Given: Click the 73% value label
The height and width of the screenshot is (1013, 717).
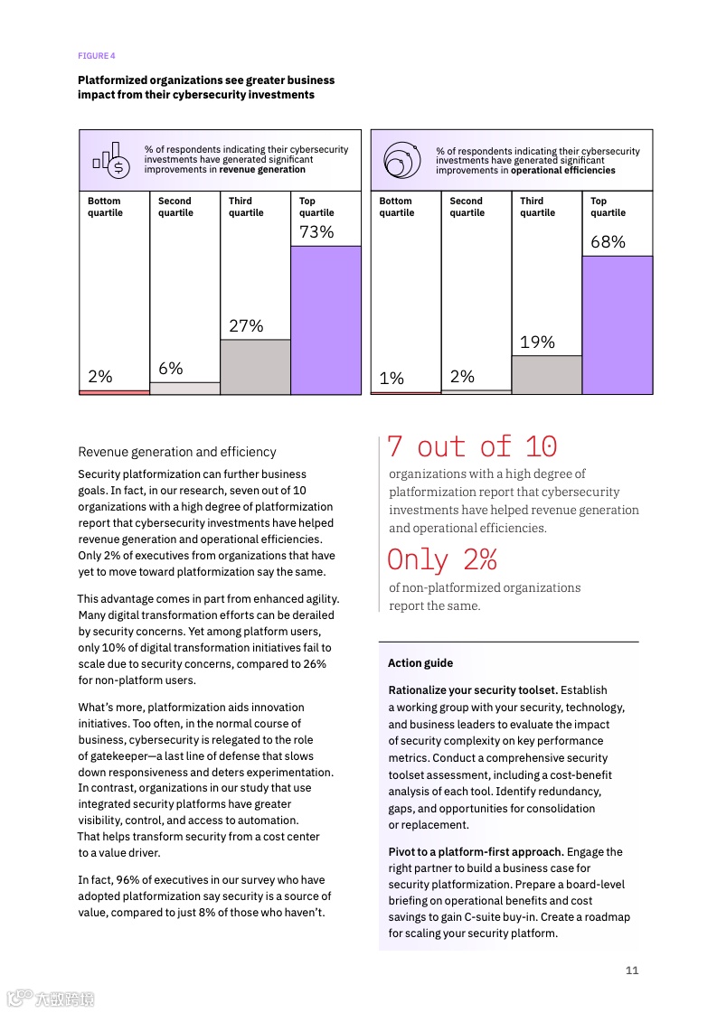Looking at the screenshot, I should (x=316, y=232).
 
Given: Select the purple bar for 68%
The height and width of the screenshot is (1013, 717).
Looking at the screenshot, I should (x=617, y=324).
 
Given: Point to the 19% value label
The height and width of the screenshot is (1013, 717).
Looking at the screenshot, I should (x=537, y=342).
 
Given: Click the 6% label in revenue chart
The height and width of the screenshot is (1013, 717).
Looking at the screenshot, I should (x=171, y=369).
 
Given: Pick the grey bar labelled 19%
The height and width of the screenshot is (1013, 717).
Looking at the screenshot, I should (x=546, y=374).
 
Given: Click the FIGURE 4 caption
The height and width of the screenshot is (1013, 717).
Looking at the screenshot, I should (x=97, y=56).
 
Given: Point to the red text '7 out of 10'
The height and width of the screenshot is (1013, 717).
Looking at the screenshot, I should (x=472, y=446).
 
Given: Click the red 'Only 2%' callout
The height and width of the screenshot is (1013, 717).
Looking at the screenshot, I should (x=442, y=560).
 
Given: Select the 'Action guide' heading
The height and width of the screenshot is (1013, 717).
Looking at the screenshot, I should (x=420, y=663).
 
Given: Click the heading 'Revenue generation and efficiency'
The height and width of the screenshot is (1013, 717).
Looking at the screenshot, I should (x=177, y=452).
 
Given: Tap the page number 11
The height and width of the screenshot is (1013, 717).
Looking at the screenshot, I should (x=632, y=971).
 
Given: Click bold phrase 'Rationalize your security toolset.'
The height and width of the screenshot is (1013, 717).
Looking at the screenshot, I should (x=473, y=690).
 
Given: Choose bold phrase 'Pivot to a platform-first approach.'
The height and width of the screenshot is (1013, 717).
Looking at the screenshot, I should (x=476, y=852).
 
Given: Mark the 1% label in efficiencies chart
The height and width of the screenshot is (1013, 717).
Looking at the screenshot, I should (x=392, y=379).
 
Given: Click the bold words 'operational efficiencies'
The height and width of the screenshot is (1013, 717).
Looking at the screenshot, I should (x=562, y=170).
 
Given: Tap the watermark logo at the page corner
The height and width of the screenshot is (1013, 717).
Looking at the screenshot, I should (x=51, y=999).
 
